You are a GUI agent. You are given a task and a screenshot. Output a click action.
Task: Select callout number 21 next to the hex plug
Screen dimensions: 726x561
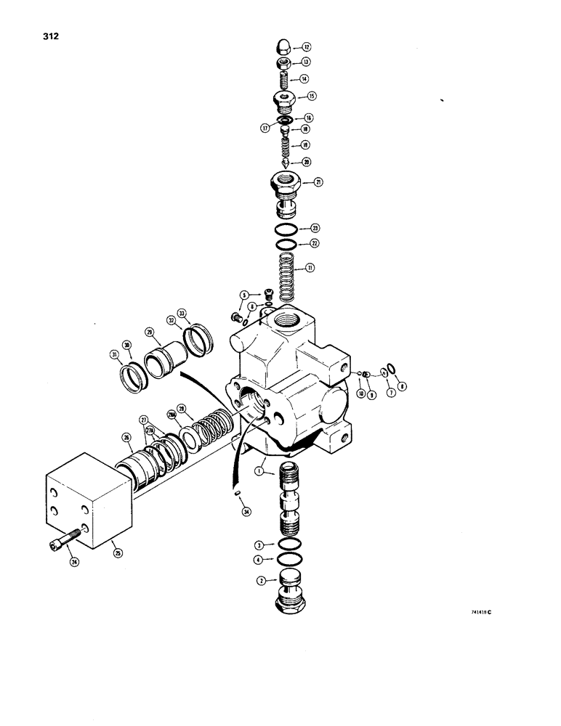[317, 182]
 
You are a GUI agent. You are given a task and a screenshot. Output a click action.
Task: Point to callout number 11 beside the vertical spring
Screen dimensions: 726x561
[310, 268]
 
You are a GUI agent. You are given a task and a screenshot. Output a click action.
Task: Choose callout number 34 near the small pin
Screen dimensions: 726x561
[246, 512]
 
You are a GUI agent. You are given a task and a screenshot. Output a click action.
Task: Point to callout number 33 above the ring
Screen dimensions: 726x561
[182, 314]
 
